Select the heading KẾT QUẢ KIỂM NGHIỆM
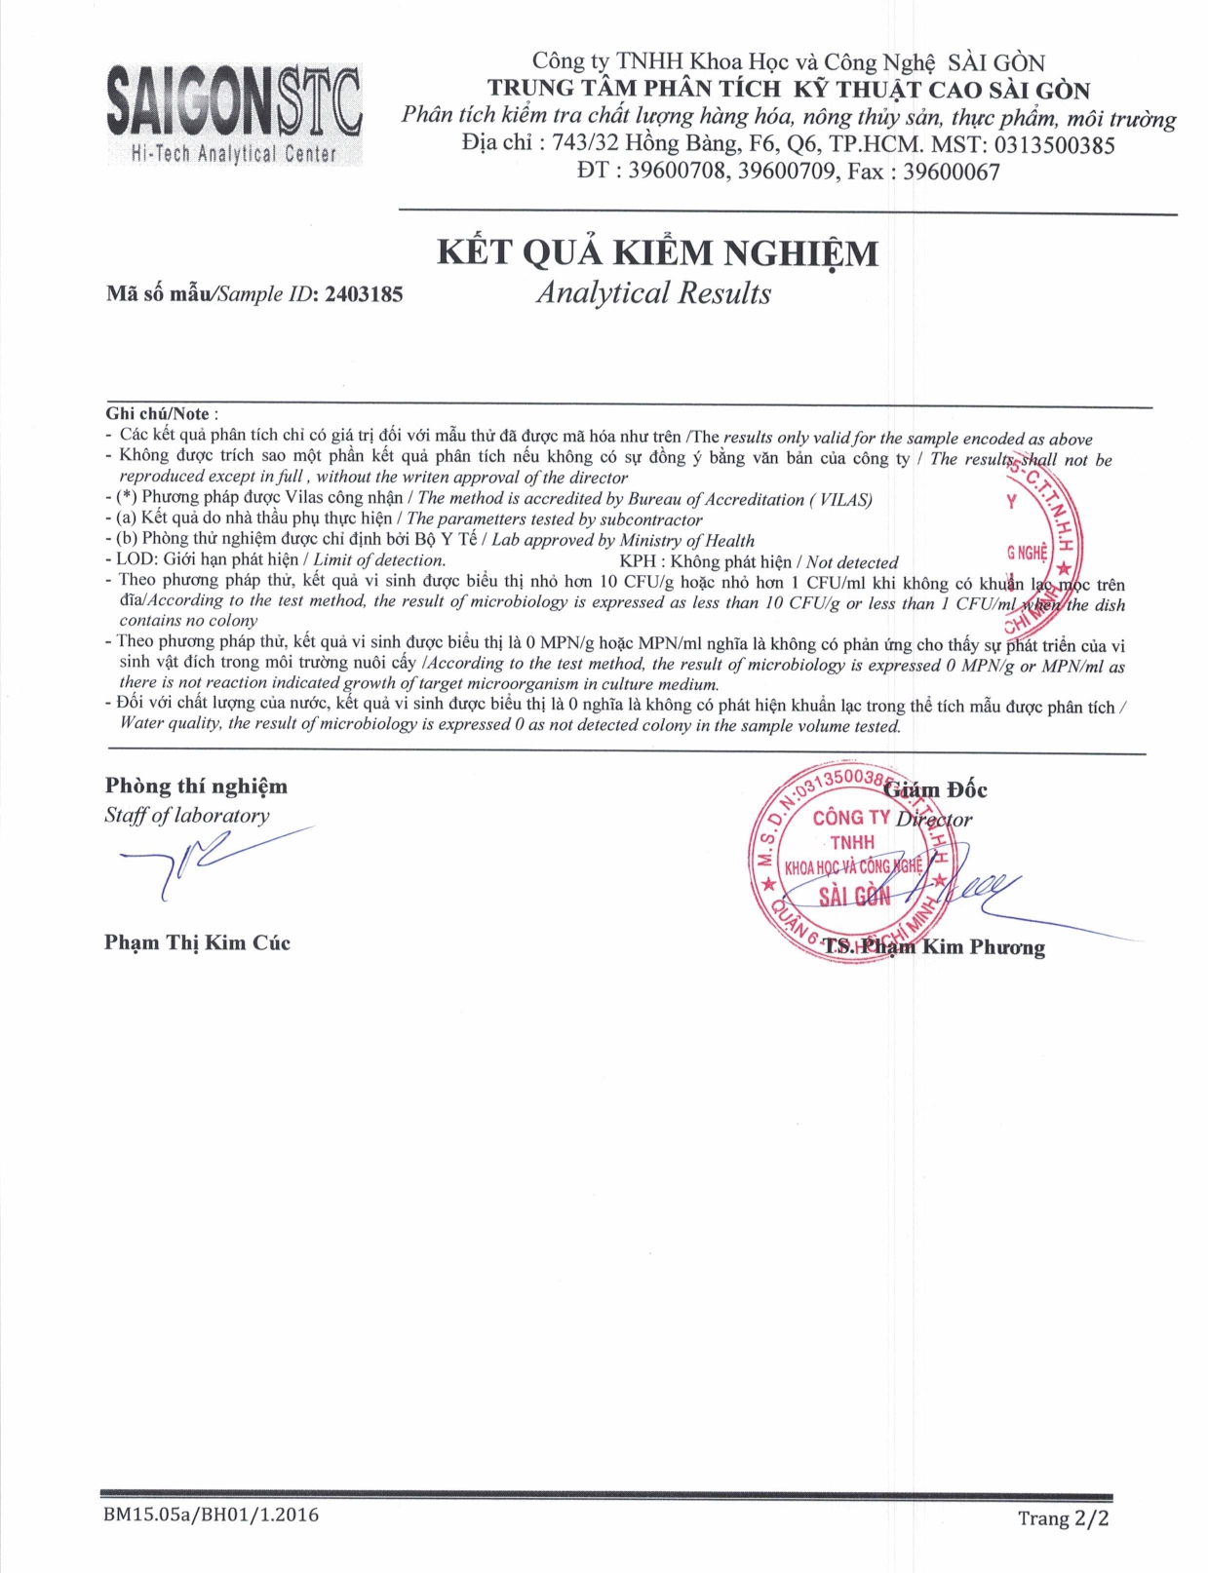point(657,253)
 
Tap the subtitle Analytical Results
point(653,293)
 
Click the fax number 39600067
point(951,173)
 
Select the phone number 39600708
point(677,173)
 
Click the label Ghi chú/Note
point(158,413)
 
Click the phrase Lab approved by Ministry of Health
point(623,541)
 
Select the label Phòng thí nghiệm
point(196,786)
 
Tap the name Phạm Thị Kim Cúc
point(197,942)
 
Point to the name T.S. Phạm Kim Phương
point(933,946)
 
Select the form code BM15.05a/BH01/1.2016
point(211,1515)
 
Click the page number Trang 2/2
point(1063,1517)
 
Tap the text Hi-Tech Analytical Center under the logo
point(234,154)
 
